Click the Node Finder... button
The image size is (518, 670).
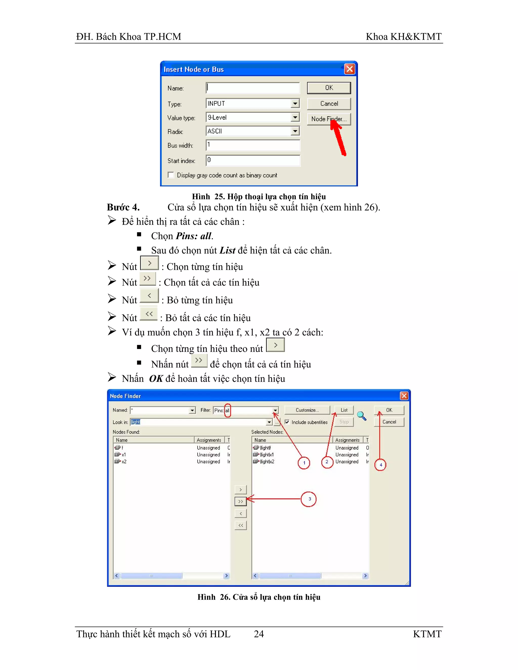(x=328, y=119)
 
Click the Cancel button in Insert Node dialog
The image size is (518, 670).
(x=329, y=104)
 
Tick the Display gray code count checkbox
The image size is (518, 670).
(x=171, y=175)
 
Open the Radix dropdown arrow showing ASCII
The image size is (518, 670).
(x=295, y=131)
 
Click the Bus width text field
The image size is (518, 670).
(x=253, y=145)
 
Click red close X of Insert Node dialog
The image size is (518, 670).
(x=350, y=69)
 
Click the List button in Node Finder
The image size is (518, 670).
(x=344, y=410)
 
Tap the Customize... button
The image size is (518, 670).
(x=307, y=410)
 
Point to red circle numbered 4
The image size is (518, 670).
(x=380, y=465)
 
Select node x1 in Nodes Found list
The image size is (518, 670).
(x=123, y=455)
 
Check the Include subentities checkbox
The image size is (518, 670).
(x=287, y=422)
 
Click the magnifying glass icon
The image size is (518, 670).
(x=361, y=416)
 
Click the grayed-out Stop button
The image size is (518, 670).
(x=344, y=422)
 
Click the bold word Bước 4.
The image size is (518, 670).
(x=123, y=208)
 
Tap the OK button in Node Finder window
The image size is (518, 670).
(x=389, y=410)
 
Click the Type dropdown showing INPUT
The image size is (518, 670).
(x=252, y=104)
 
